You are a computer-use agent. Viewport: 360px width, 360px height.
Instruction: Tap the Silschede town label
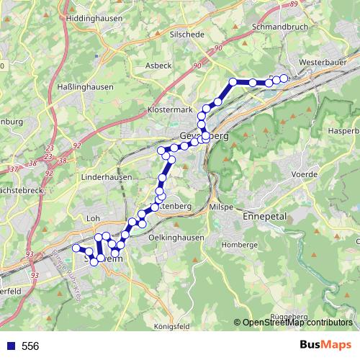click(x=186, y=34)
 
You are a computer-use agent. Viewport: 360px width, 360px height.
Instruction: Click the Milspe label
click(x=220, y=207)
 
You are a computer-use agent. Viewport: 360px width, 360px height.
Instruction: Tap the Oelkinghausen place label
click(x=176, y=237)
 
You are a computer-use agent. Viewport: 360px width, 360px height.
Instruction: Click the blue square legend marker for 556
click(x=9, y=346)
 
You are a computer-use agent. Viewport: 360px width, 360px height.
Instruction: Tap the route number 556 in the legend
click(x=30, y=346)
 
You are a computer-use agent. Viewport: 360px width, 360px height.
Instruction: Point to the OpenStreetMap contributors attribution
click(x=297, y=323)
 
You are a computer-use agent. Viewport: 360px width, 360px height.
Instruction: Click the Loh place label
click(x=92, y=217)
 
